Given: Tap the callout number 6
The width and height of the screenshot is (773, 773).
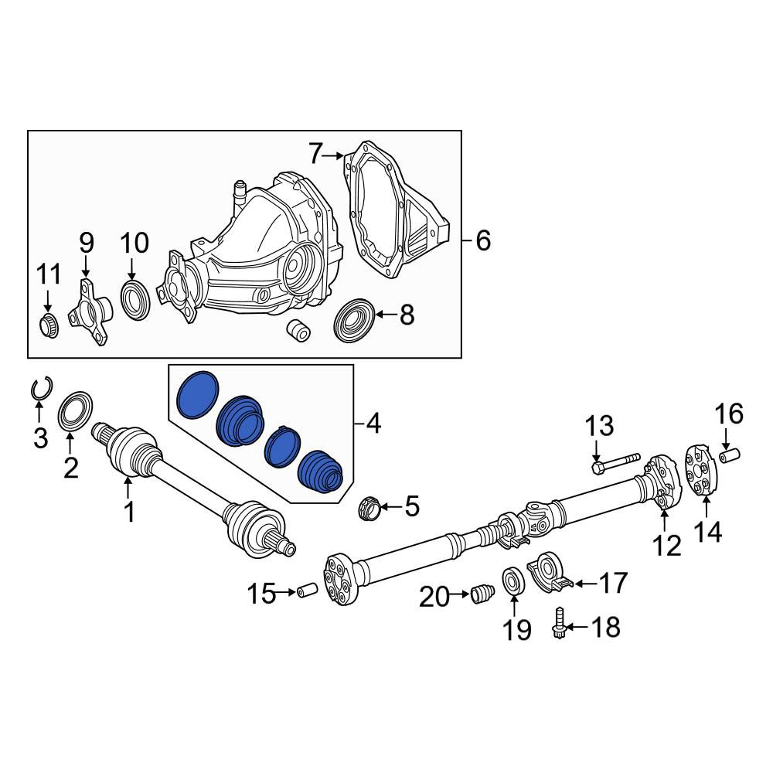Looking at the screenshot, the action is tap(483, 241).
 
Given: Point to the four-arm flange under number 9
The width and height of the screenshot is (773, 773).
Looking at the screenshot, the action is tap(90, 312).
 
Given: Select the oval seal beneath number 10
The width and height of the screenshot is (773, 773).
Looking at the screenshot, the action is tap(135, 300).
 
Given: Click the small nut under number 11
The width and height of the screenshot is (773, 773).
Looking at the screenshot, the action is tap(48, 325).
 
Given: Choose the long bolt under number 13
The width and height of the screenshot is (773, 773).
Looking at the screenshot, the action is tap(616, 463).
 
